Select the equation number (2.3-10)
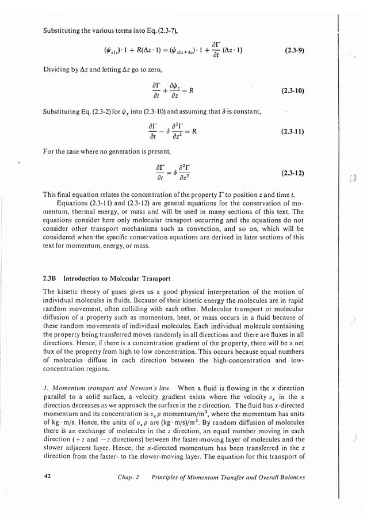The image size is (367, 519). (292, 91)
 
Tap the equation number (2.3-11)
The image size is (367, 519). (292, 131)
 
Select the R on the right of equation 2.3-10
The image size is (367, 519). (196, 90)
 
